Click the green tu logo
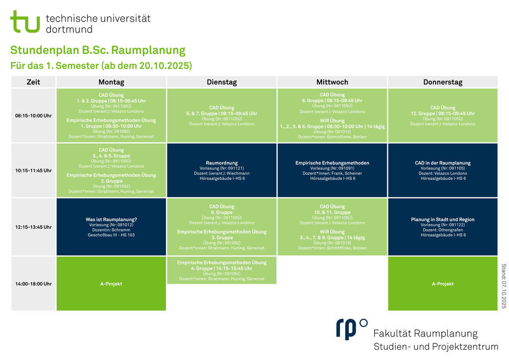tap(25, 21)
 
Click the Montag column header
tap(111, 82)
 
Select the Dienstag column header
tap(222, 82)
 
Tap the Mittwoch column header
tap(332, 82)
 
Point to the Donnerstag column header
tap(443, 82)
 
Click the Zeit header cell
tap(34, 82)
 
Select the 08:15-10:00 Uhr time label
tap(34, 116)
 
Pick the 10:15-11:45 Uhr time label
tap(34, 171)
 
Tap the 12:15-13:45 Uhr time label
tap(34, 227)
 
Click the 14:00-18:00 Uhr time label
tap(34, 284)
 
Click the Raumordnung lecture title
tap(222, 163)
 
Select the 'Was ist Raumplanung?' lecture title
tap(111, 219)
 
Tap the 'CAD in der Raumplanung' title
tap(443, 163)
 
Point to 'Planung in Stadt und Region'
tap(443, 219)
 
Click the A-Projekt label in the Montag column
tap(111, 284)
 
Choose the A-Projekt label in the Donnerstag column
tap(443, 284)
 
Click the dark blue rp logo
tap(352, 329)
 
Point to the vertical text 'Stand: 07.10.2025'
tap(504, 286)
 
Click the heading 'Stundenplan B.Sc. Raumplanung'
tap(98, 50)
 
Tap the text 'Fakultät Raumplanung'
tap(426, 334)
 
